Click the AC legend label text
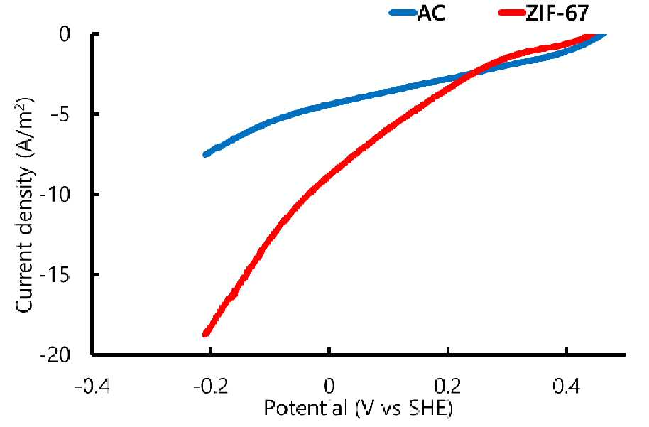pyautogui.click(x=431, y=13)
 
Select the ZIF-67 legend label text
pyautogui.click(x=557, y=13)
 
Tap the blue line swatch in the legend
pyautogui.click(x=403, y=13)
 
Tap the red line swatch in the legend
pyautogui.click(x=513, y=13)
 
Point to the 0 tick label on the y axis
pyautogui.click(x=65, y=34)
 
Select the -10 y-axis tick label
pyautogui.click(x=55, y=194)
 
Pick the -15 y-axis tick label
pyautogui.click(x=55, y=274)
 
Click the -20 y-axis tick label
pyautogui.click(x=55, y=355)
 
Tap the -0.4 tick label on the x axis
pyautogui.click(x=92, y=387)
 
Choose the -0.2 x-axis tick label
pyautogui.click(x=211, y=387)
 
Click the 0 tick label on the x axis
pyautogui.click(x=329, y=387)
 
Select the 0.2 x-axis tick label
pyautogui.click(x=447, y=387)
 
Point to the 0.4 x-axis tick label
pyautogui.click(x=566, y=387)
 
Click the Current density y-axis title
pyautogui.click(x=24, y=205)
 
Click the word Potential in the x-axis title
pyautogui.click(x=305, y=409)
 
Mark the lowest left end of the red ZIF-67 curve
pyautogui.click(x=206, y=334)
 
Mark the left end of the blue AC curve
pyautogui.click(x=206, y=154)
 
